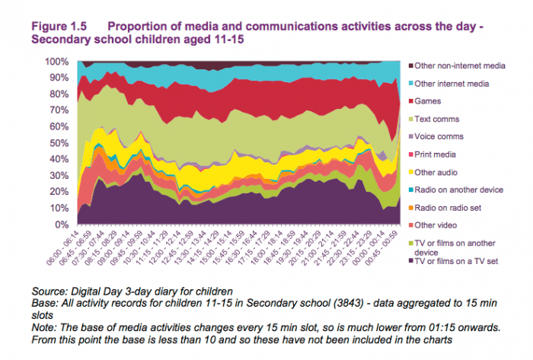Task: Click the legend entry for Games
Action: pyautogui.click(x=432, y=101)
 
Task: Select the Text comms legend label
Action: pyautogui.click(x=441, y=119)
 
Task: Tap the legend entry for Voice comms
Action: pyautogui.click(x=444, y=137)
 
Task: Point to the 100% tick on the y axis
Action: pyautogui.click(x=59, y=62)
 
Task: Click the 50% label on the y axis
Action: pyautogui.click(x=62, y=143)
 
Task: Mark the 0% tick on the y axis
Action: pyautogui.click(x=64, y=225)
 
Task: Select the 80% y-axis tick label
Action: pyautogui.click(x=62, y=94)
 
